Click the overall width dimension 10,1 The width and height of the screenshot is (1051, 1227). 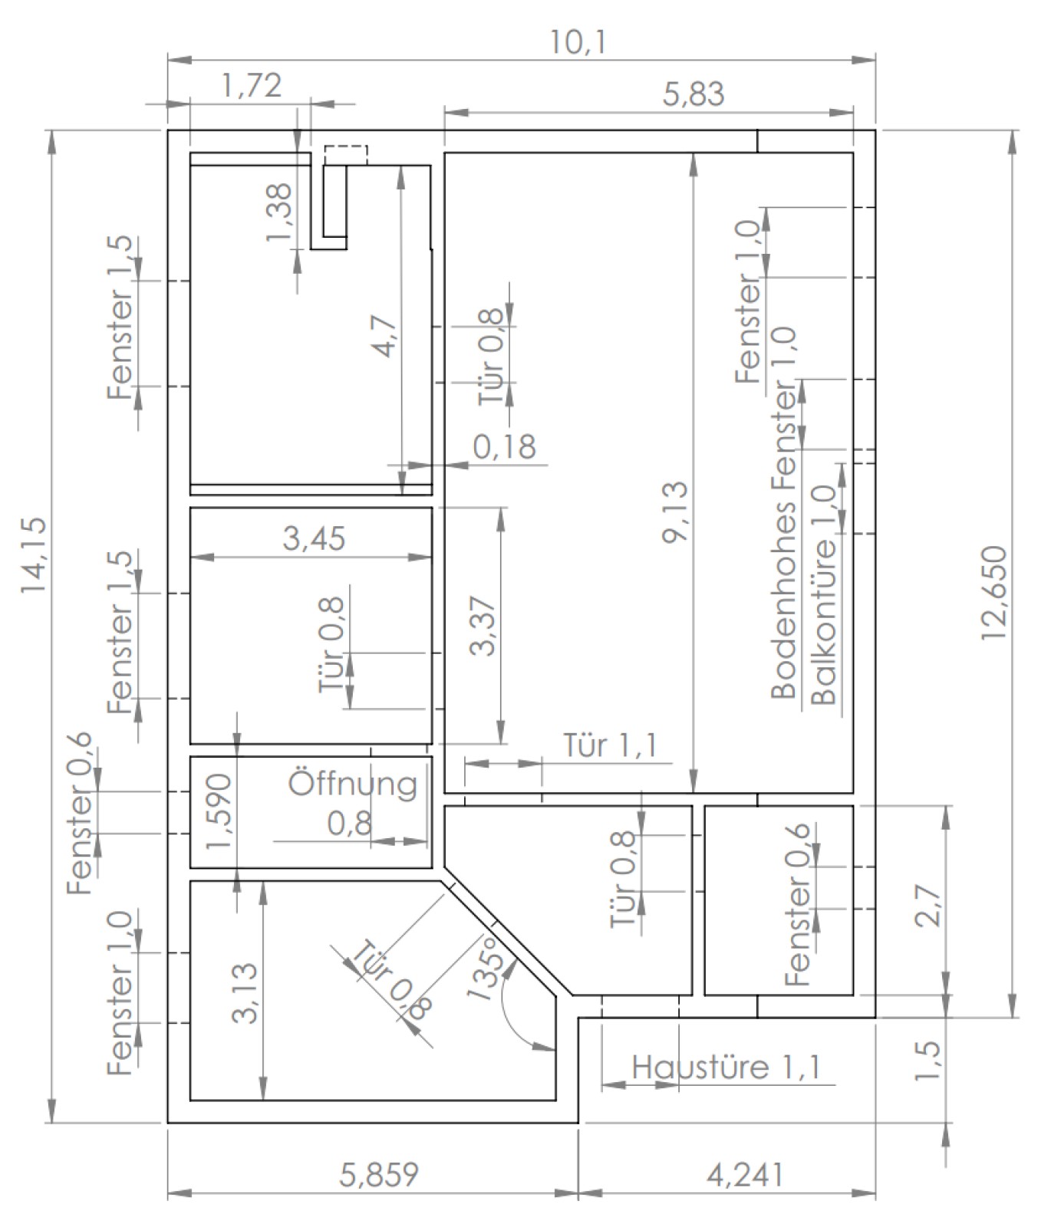578,43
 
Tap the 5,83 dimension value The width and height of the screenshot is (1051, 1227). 693,95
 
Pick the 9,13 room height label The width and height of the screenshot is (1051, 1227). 675,513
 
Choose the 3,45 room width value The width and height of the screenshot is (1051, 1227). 314,538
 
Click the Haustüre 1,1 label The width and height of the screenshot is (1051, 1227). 726,1067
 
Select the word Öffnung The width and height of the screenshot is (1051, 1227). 353,784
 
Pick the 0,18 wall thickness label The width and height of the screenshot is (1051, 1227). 504,446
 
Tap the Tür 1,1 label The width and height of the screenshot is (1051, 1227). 610,746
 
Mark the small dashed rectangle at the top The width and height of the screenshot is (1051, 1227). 345,155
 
